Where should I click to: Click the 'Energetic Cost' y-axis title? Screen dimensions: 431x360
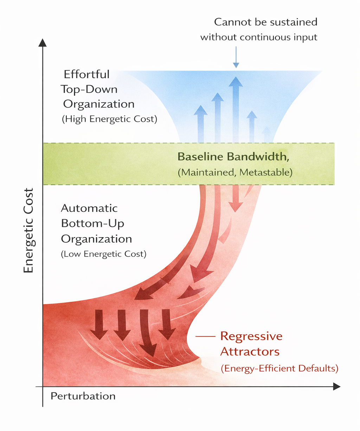(x=28, y=230)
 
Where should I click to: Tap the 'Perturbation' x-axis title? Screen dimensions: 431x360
(x=83, y=396)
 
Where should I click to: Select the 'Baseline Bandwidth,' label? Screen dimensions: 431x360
(x=233, y=157)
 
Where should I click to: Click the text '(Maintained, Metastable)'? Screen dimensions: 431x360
(x=235, y=173)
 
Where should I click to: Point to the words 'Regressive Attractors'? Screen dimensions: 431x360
(x=251, y=344)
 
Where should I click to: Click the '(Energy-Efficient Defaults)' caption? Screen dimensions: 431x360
(x=279, y=368)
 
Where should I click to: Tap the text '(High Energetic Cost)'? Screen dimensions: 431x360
(x=109, y=119)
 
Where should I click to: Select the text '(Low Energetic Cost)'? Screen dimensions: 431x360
(x=103, y=254)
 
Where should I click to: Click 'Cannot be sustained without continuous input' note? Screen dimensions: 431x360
(x=259, y=30)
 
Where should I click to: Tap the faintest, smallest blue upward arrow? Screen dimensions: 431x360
(x=266, y=134)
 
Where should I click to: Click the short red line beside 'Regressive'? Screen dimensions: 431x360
(x=205, y=336)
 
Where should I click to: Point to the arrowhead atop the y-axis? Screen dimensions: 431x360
(x=43, y=43)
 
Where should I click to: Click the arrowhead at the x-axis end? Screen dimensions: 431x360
(x=336, y=387)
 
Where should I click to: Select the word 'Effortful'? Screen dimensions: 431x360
(x=86, y=74)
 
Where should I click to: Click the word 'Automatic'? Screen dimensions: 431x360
(x=89, y=208)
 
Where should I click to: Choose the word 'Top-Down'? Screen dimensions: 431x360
(x=89, y=89)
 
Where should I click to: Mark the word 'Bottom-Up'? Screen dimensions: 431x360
(x=92, y=223)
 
